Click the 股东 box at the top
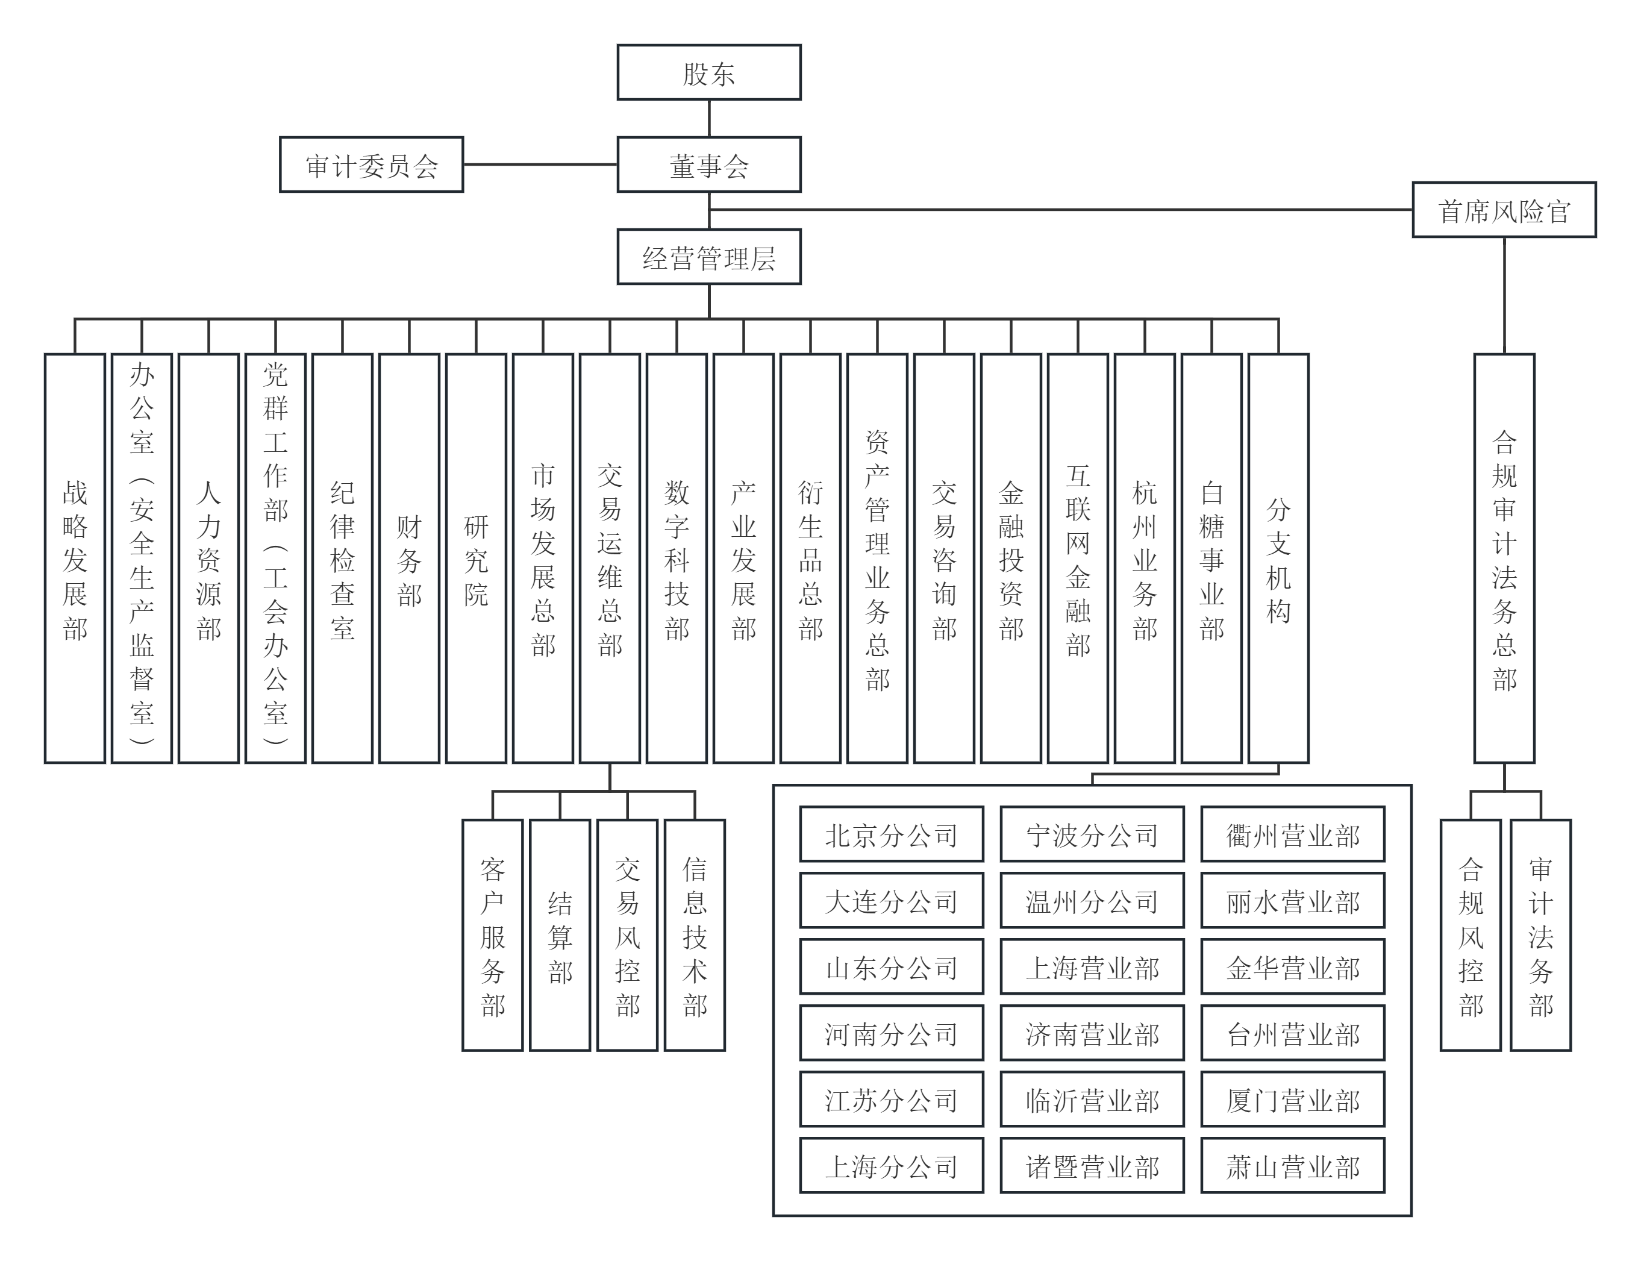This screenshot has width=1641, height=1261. tap(708, 72)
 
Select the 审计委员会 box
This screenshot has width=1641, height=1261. tap(372, 164)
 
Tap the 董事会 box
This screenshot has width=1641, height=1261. tap(708, 164)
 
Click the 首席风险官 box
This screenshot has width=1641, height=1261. tap(1504, 210)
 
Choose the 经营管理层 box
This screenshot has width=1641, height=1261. tap(708, 257)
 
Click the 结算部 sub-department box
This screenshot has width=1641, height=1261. tap(560, 934)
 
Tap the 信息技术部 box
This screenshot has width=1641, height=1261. tap(694, 934)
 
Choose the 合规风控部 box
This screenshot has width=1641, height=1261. tap(1470, 934)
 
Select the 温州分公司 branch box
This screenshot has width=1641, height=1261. tap(1092, 900)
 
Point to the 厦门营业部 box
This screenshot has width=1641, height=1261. tap(1292, 1099)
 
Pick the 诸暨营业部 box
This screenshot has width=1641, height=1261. tap(1092, 1165)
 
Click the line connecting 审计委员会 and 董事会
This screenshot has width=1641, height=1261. tap(540, 164)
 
